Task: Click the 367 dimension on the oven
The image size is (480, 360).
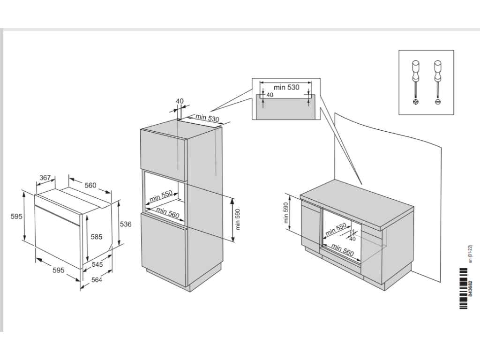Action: tap(45, 178)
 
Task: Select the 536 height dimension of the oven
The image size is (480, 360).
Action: tap(126, 224)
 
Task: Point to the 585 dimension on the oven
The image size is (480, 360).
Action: tap(96, 237)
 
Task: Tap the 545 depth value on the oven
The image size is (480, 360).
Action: tap(97, 265)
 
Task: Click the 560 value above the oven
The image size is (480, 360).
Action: tap(90, 185)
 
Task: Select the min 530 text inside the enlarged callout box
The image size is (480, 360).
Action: tap(286, 87)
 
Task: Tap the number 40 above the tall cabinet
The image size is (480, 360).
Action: tap(180, 101)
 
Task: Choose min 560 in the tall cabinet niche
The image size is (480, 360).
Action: tap(168, 213)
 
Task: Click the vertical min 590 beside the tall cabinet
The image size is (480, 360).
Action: tap(238, 219)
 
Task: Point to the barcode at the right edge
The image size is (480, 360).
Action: tap(464, 288)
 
